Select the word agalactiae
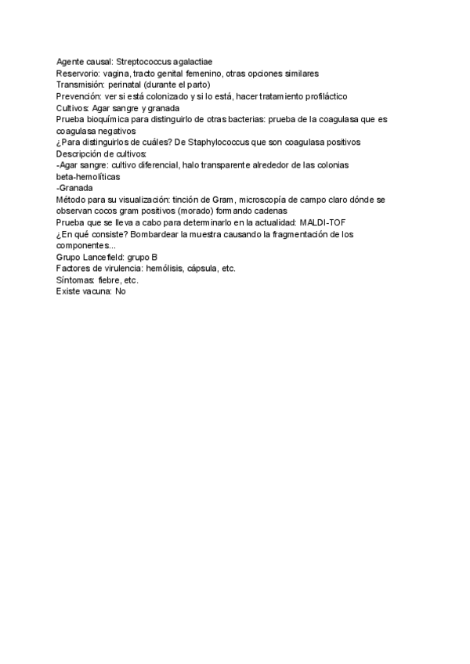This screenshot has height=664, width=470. coord(193,62)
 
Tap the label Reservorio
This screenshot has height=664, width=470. coord(77,74)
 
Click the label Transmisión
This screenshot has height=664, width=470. coord(81,85)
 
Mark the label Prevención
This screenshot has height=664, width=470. coord(79,96)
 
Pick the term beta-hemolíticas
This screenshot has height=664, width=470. coord(88,177)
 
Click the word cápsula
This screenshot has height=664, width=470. coord(201,269)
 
